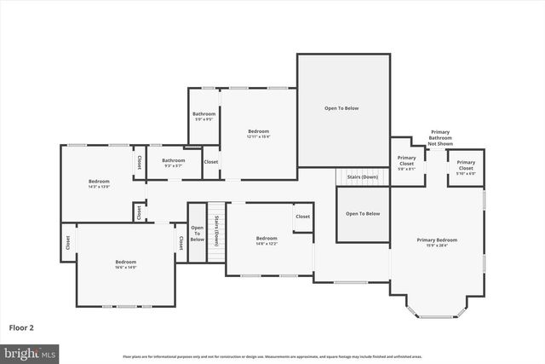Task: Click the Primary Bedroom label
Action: pyautogui.click(x=437, y=243)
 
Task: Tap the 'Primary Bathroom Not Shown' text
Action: pyautogui.click(x=440, y=138)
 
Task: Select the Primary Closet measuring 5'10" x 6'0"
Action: pyautogui.click(x=466, y=167)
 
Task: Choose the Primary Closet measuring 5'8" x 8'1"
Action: pyautogui.click(x=407, y=162)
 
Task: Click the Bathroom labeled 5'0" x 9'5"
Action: pyautogui.click(x=204, y=116)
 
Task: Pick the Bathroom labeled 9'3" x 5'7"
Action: pyautogui.click(x=174, y=162)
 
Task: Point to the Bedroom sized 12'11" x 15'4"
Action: pyautogui.click(x=258, y=134)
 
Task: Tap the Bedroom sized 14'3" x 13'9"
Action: pyautogui.click(x=99, y=183)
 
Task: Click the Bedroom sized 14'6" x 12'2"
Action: pyautogui.click(x=267, y=240)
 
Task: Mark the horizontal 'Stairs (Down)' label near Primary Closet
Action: pyautogui.click(x=363, y=177)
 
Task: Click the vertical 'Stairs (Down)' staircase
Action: pyautogui.click(x=217, y=225)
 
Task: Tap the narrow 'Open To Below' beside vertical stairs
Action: pyautogui.click(x=197, y=234)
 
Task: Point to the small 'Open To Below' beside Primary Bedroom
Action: pyautogui.click(x=363, y=214)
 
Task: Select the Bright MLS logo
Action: pyautogui.click(x=30, y=352)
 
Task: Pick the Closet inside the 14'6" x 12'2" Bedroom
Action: pyautogui.click(x=303, y=217)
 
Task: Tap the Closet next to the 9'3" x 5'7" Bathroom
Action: pyautogui.click(x=210, y=162)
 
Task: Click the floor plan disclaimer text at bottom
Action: pyautogui.click(x=272, y=356)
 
